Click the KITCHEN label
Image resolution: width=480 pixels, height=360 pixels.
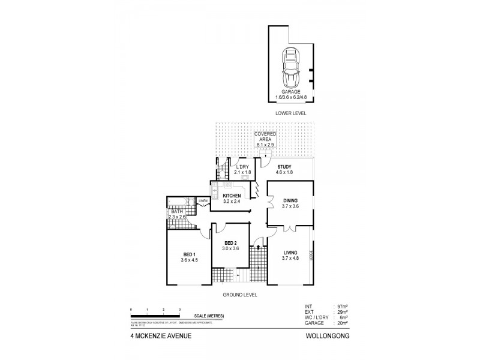[x=232, y=196]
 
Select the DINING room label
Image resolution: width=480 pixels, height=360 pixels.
[x=290, y=201]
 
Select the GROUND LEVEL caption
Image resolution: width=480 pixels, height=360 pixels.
[x=241, y=294]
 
